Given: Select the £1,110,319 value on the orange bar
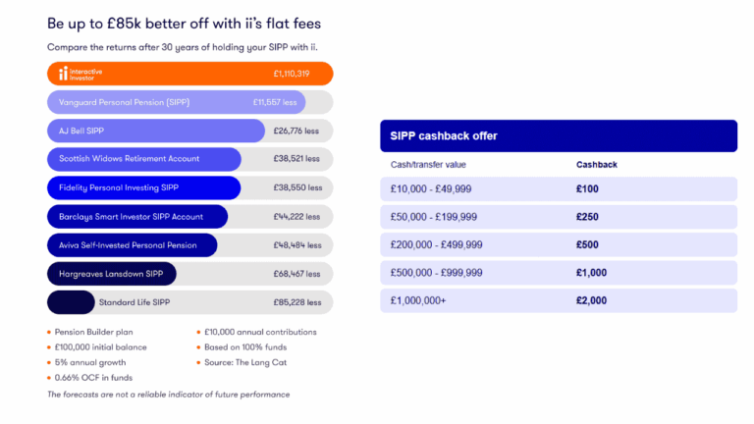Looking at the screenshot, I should pyautogui.click(x=292, y=74).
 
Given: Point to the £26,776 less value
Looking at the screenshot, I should pyautogui.click(x=297, y=131).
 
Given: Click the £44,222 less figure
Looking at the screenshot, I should pyautogui.click(x=297, y=216).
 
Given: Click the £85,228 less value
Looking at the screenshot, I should pyautogui.click(x=297, y=302).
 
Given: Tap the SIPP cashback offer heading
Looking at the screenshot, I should pyautogui.click(x=444, y=136).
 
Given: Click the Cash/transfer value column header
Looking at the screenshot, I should pyautogui.click(x=428, y=165).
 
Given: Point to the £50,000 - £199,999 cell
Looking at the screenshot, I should pyautogui.click(x=434, y=217).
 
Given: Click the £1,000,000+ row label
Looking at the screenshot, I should pyautogui.click(x=418, y=300).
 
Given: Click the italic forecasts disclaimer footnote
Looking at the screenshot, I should pyautogui.click(x=168, y=395).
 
